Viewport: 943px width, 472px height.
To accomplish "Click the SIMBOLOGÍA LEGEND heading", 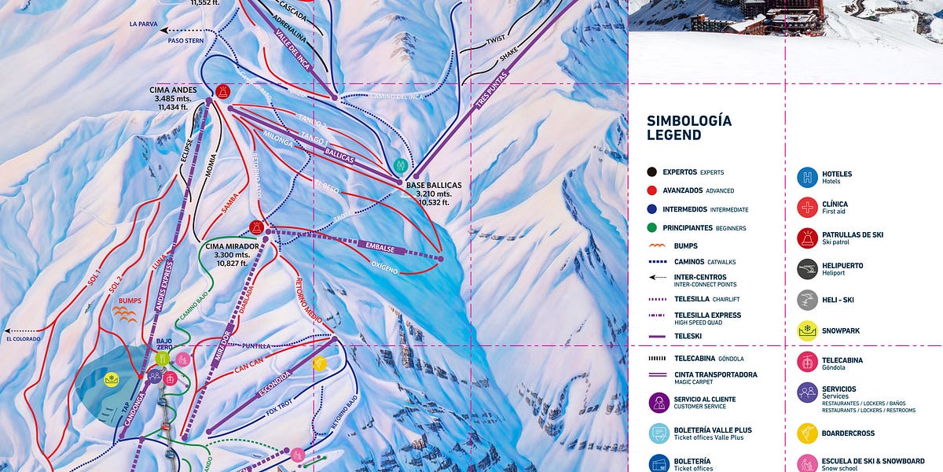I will coord(689,127).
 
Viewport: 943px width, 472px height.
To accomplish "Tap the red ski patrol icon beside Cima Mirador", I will coord(256,227).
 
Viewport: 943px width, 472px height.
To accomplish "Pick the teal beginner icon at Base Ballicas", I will coord(400,165).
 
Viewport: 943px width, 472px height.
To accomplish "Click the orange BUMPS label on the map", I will coord(130,301).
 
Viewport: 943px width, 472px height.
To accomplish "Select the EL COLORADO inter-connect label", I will coord(24,339).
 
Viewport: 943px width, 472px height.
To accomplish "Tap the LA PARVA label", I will coord(144,24).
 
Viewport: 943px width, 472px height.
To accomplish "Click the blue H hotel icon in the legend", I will coord(808,177).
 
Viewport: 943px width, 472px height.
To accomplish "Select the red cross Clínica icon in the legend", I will coord(808,208).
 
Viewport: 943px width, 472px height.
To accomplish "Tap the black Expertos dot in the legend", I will coord(651,171).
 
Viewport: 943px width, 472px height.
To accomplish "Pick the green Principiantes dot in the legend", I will coord(651,228).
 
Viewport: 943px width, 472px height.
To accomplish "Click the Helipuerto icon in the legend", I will coord(808,269).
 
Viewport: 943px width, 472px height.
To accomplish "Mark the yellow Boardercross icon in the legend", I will coord(808,433).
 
